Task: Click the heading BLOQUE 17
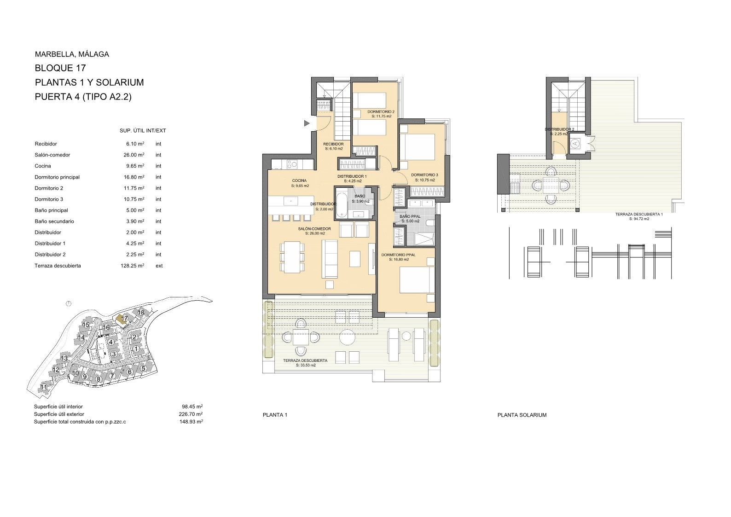tap(60, 68)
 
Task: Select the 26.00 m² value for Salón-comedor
tap(132, 155)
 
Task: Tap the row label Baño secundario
tap(54, 221)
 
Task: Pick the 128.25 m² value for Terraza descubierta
tap(132, 266)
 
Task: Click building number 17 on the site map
tap(124, 318)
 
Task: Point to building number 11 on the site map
tap(44, 387)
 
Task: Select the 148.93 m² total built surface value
tap(191, 422)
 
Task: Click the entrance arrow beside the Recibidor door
tap(307, 123)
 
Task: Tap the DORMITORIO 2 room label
tap(381, 111)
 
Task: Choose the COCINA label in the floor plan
tap(299, 180)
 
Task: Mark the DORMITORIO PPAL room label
tap(399, 255)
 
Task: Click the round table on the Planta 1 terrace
tap(348, 337)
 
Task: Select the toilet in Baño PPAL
tap(430, 223)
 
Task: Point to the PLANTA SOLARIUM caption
tap(522, 415)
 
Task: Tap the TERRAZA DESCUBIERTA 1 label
tap(639, 215)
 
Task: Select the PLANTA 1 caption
tap(275, 415)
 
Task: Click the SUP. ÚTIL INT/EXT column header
tap(143, 131)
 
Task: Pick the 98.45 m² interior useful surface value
tap(192, 407)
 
